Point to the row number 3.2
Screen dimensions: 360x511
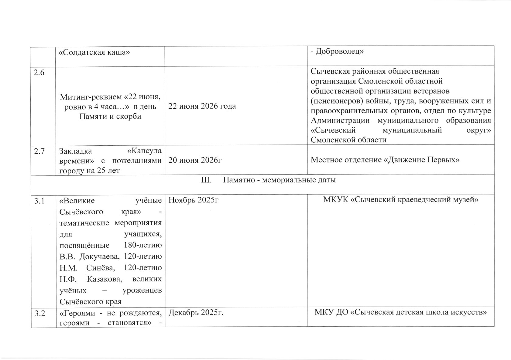[39, 313]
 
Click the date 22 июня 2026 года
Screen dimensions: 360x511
[202, 106]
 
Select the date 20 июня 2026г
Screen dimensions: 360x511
[195, 160]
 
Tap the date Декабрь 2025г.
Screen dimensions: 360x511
[196, 313]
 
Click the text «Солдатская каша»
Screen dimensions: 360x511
[94, 52]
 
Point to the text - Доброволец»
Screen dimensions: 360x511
[337, 51]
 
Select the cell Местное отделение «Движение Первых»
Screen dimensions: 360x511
[385, 160]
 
